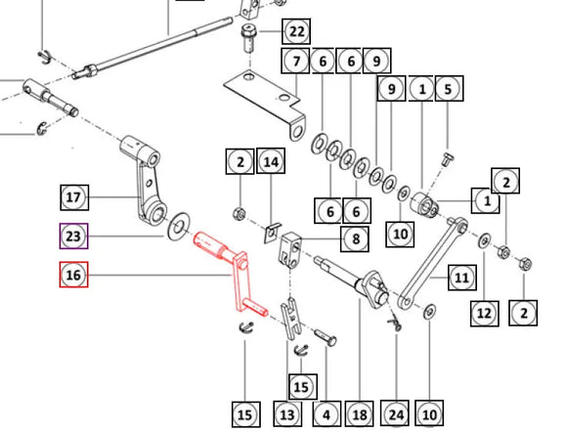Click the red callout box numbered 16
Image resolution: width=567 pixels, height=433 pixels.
[x=73, y=275]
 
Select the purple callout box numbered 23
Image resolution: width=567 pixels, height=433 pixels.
[x=73, y=236]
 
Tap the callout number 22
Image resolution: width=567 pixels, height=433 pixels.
[x=296, y=31]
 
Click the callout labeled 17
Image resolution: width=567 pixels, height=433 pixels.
[x=74, y=197]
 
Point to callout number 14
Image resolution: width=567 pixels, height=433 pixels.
[x=271, y=161]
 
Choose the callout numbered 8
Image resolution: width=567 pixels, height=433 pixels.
[x=355, y=238]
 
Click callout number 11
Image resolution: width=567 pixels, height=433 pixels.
[x=461, y=278]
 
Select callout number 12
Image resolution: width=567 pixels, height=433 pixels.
[x=485, y=314]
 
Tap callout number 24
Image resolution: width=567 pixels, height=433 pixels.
[x=395, y=413]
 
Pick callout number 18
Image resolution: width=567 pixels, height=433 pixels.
[x=360, y=413]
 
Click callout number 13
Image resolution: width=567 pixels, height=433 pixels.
[x=287, y=413]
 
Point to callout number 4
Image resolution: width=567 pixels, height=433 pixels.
[x=327, y=413]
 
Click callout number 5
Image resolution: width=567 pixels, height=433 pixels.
[x=449, y=88]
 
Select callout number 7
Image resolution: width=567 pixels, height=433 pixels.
[x=295, y=61]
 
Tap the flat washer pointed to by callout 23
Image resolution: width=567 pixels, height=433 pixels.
[x=178, y=228]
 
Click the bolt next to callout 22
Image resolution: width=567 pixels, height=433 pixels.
[x=248, y=38]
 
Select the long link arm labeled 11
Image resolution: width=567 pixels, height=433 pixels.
[x=433, y=262]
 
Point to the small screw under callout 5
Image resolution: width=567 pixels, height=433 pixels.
[x=448, y=159]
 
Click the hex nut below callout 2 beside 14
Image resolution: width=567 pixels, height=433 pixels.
[x=240, y=214]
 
